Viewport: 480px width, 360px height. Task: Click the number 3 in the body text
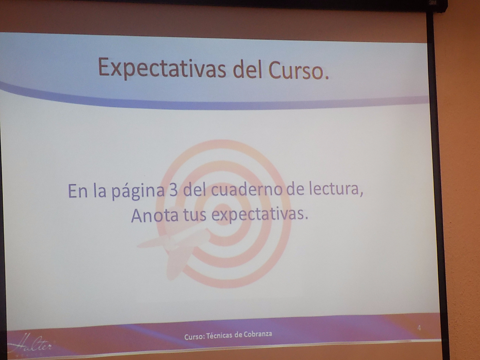coord(173,190)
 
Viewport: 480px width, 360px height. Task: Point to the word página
coord(138,192)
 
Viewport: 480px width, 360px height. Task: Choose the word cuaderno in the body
coord(247,189)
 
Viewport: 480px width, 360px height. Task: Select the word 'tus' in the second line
coord(195,215)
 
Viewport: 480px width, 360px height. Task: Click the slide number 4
coord(419,328)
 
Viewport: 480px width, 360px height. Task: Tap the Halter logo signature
coord(30,344)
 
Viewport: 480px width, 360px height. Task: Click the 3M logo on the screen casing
coord(432,3)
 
